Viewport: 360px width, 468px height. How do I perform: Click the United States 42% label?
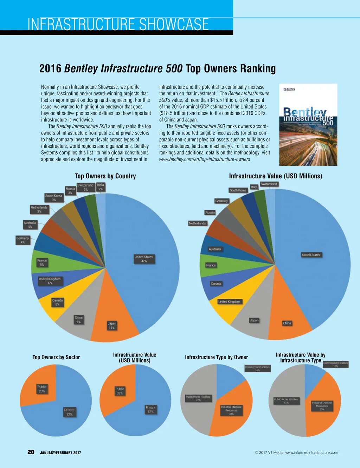pos(144,259)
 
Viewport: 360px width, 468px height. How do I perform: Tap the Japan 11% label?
pos(112,325)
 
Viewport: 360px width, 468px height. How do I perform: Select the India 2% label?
pos(101,187)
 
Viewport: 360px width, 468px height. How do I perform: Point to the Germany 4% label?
pos(22,240)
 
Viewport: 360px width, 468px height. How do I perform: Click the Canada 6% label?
pos(57,302)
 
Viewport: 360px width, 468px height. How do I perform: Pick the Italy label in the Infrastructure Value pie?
pos(254,187)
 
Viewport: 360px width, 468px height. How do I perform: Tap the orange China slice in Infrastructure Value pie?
pos(288,317)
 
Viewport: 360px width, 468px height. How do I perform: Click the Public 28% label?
pos(42,389)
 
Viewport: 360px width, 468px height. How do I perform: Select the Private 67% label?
pos(150,409)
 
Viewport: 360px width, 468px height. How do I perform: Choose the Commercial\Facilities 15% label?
pos(257,368)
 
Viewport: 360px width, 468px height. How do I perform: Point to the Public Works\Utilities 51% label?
pos(286,401)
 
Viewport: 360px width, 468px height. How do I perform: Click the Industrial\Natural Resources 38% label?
pos(231,410)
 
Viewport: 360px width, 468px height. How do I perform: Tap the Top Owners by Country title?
pos(105,176)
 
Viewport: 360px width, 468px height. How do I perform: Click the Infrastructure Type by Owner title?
pos(216,357)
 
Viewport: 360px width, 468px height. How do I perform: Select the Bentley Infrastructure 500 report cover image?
pos(308,125)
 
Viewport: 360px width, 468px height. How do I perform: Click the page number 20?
pos(31,452)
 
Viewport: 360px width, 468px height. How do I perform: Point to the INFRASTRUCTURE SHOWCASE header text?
pos(118,25)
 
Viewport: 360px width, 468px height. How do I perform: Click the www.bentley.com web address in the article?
pos(205,159)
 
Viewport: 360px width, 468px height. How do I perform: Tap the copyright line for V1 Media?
pos(296,453)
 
